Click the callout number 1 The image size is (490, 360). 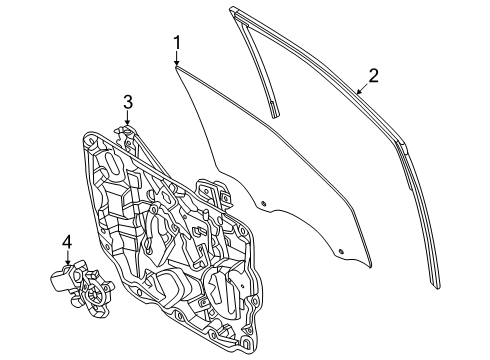point(176,42)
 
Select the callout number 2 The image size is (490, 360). point(373,74)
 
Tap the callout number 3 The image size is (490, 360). point(128,100)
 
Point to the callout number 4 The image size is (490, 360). point(68,241)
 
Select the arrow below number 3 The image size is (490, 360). point(128,120)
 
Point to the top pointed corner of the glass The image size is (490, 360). point(176,68)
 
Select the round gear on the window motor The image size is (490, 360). point(97,293)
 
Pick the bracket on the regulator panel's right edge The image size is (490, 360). point(212,190)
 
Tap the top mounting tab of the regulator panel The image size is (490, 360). point(125,130)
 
